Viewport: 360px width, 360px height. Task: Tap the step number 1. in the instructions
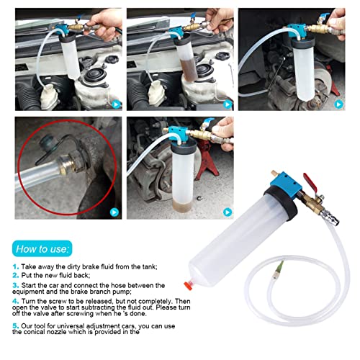click(x=15, y=266)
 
